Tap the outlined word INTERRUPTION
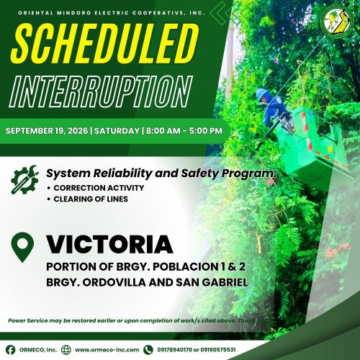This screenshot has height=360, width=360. pos(101,91)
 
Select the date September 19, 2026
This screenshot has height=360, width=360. pos(47,131)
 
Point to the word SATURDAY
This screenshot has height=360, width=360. pos(117,131)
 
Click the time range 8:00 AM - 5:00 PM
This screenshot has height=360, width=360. pos(184,131)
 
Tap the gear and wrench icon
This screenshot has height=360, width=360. pos(24,179)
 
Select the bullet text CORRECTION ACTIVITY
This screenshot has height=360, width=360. pos(99,188)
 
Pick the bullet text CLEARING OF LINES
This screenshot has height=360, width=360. pos(91,199)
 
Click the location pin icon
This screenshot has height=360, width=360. pos(22,247)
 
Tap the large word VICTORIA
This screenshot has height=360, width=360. pos(109,244)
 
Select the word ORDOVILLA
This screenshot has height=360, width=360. pos(114,282)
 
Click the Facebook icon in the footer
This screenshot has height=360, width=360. pos(10,350)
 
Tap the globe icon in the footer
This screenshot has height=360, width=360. pos(66,350)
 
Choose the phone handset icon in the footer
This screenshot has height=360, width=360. pos(148,350)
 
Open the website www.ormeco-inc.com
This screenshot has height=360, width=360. pos(107,350)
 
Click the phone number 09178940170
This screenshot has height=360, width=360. pos(174,350)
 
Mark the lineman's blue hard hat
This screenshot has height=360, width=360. pos(262,94)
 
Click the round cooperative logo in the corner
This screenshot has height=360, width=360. pos(337,22)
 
